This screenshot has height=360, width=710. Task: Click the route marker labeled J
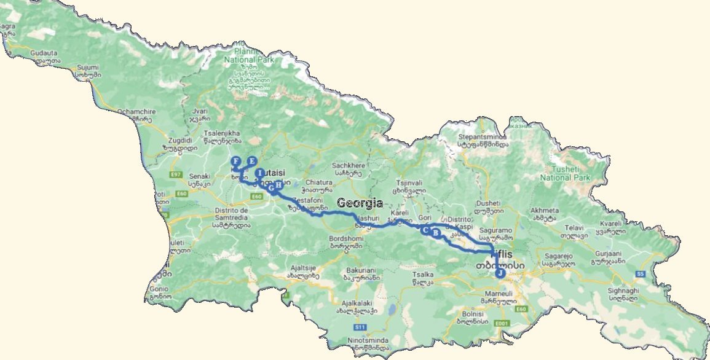[500, 273]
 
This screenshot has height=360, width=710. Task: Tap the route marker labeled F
[235, 162]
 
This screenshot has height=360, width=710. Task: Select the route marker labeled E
[251, 162]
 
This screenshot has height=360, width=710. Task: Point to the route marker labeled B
[436, 233]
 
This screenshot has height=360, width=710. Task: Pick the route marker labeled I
[260, 173]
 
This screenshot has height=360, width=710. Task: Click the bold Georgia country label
[360, 203]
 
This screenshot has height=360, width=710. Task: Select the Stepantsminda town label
[483, 141]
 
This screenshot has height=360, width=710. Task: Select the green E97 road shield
[176, 174]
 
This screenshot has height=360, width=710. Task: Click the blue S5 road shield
[640, 273]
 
